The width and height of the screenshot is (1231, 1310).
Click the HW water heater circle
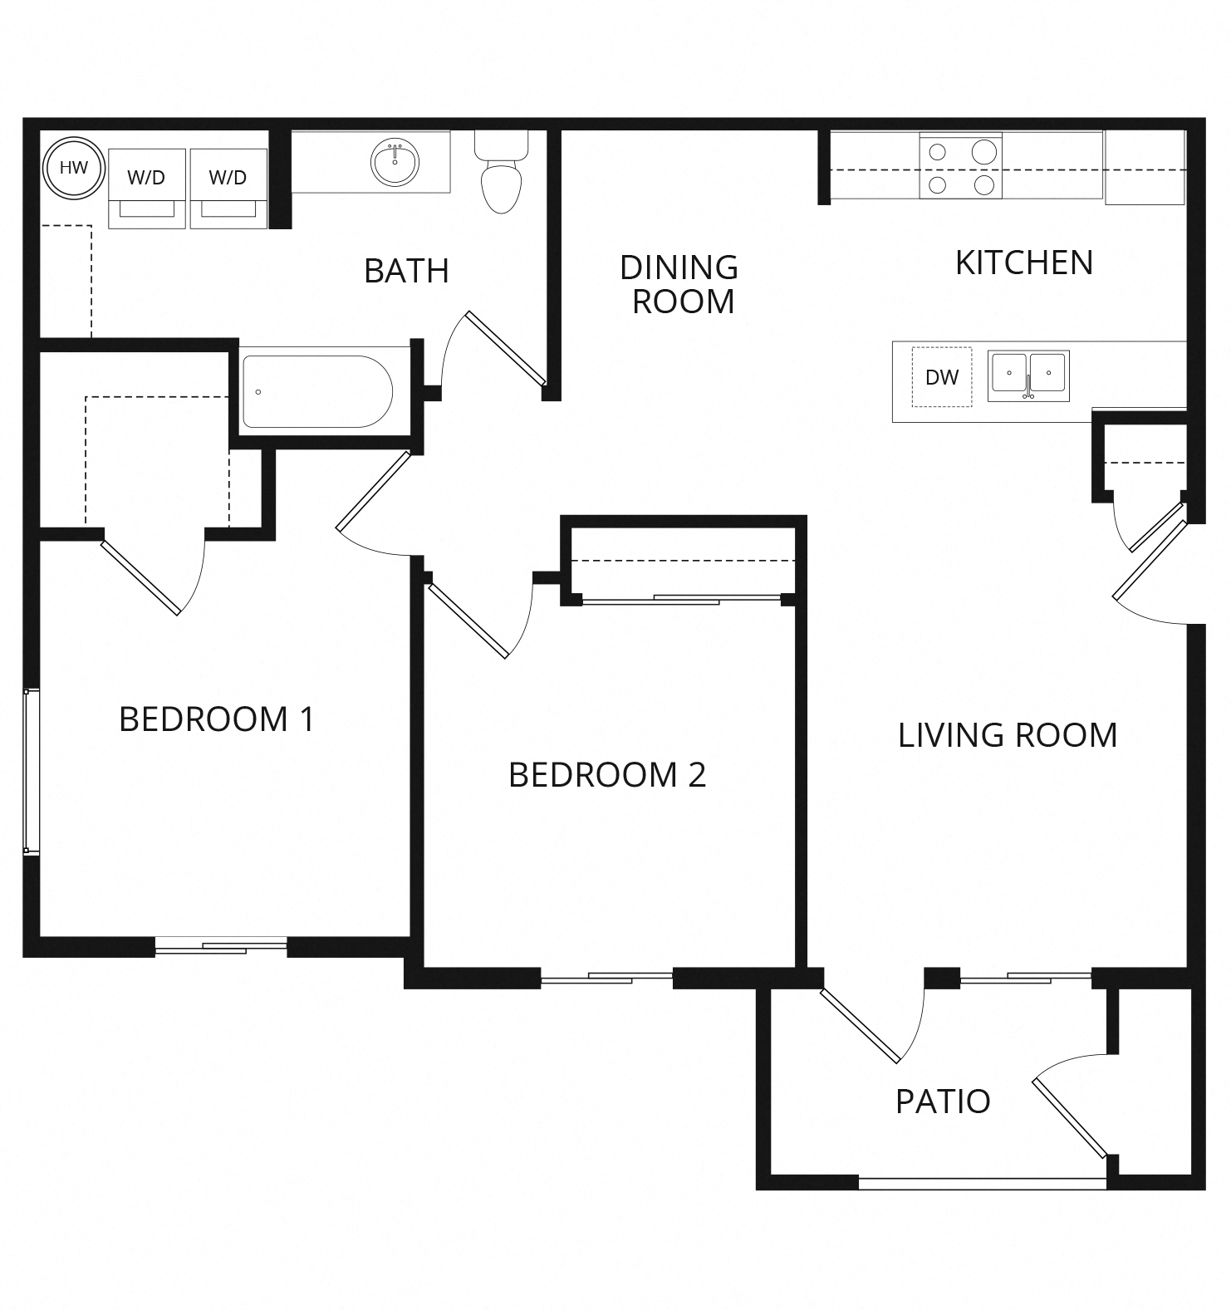tap(73, 168)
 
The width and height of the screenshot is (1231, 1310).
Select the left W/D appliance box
tap(146, 188)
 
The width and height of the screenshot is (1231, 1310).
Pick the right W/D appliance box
tap(228, 188)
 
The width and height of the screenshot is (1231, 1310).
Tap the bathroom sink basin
tap(396, 163)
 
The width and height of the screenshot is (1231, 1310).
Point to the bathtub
tap(317, 391)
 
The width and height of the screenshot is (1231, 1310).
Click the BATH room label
tap(406, 271)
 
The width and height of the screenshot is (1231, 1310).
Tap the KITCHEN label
tap(1023, 262)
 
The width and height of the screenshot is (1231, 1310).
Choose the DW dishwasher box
tap(942, 377)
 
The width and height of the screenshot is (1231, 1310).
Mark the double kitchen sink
tap(1028, 375)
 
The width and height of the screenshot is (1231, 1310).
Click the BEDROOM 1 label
tap(217, 719)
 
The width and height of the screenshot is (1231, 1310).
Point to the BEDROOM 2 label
tap(606, 774)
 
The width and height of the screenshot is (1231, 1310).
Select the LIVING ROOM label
tap(1007, 735)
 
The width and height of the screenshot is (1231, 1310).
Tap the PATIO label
tap(943, 1101)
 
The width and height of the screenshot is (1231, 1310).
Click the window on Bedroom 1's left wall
tap(31, 770)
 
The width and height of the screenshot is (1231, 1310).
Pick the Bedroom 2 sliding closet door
tap(683, 599)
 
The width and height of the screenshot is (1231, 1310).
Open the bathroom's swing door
tap(506, 348)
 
